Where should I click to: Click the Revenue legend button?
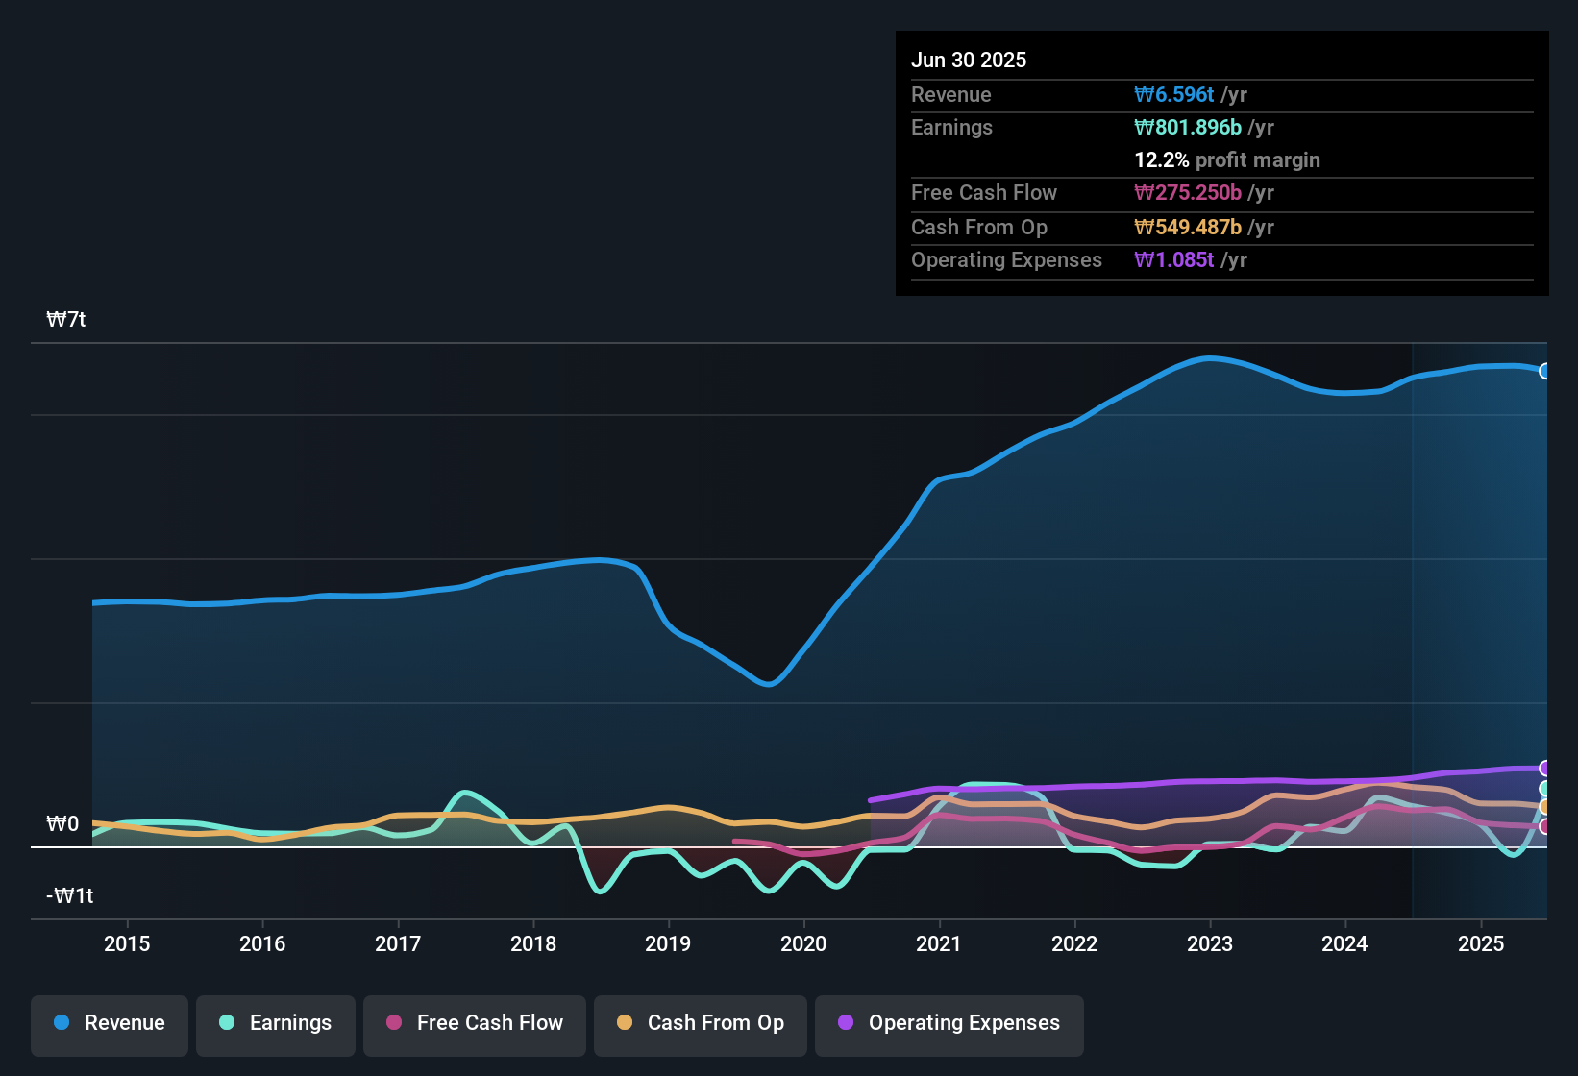point(110,1023)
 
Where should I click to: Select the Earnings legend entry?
point(276,1023)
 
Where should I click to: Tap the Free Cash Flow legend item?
point(475,1023)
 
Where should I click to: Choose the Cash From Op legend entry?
point(701,1023)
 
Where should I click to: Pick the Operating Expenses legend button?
point(949,1023)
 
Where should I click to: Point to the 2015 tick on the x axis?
point(127,943)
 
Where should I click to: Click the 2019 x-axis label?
point(668,943)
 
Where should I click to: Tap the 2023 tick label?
point(1209,943)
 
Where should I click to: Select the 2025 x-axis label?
point(1480,943)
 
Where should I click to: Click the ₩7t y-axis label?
point(66,320)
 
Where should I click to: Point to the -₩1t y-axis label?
point(70,896)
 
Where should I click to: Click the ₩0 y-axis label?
point(62,824)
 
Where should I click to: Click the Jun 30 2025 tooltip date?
point(969,60)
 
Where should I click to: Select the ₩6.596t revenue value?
point(1174,94)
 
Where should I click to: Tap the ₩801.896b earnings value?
point(1188,127)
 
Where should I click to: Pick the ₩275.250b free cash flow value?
point(1188,192)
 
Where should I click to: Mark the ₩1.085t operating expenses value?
point(1174,259)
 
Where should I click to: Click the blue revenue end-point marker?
point(1544,371)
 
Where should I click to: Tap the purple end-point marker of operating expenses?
point(1544,769)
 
